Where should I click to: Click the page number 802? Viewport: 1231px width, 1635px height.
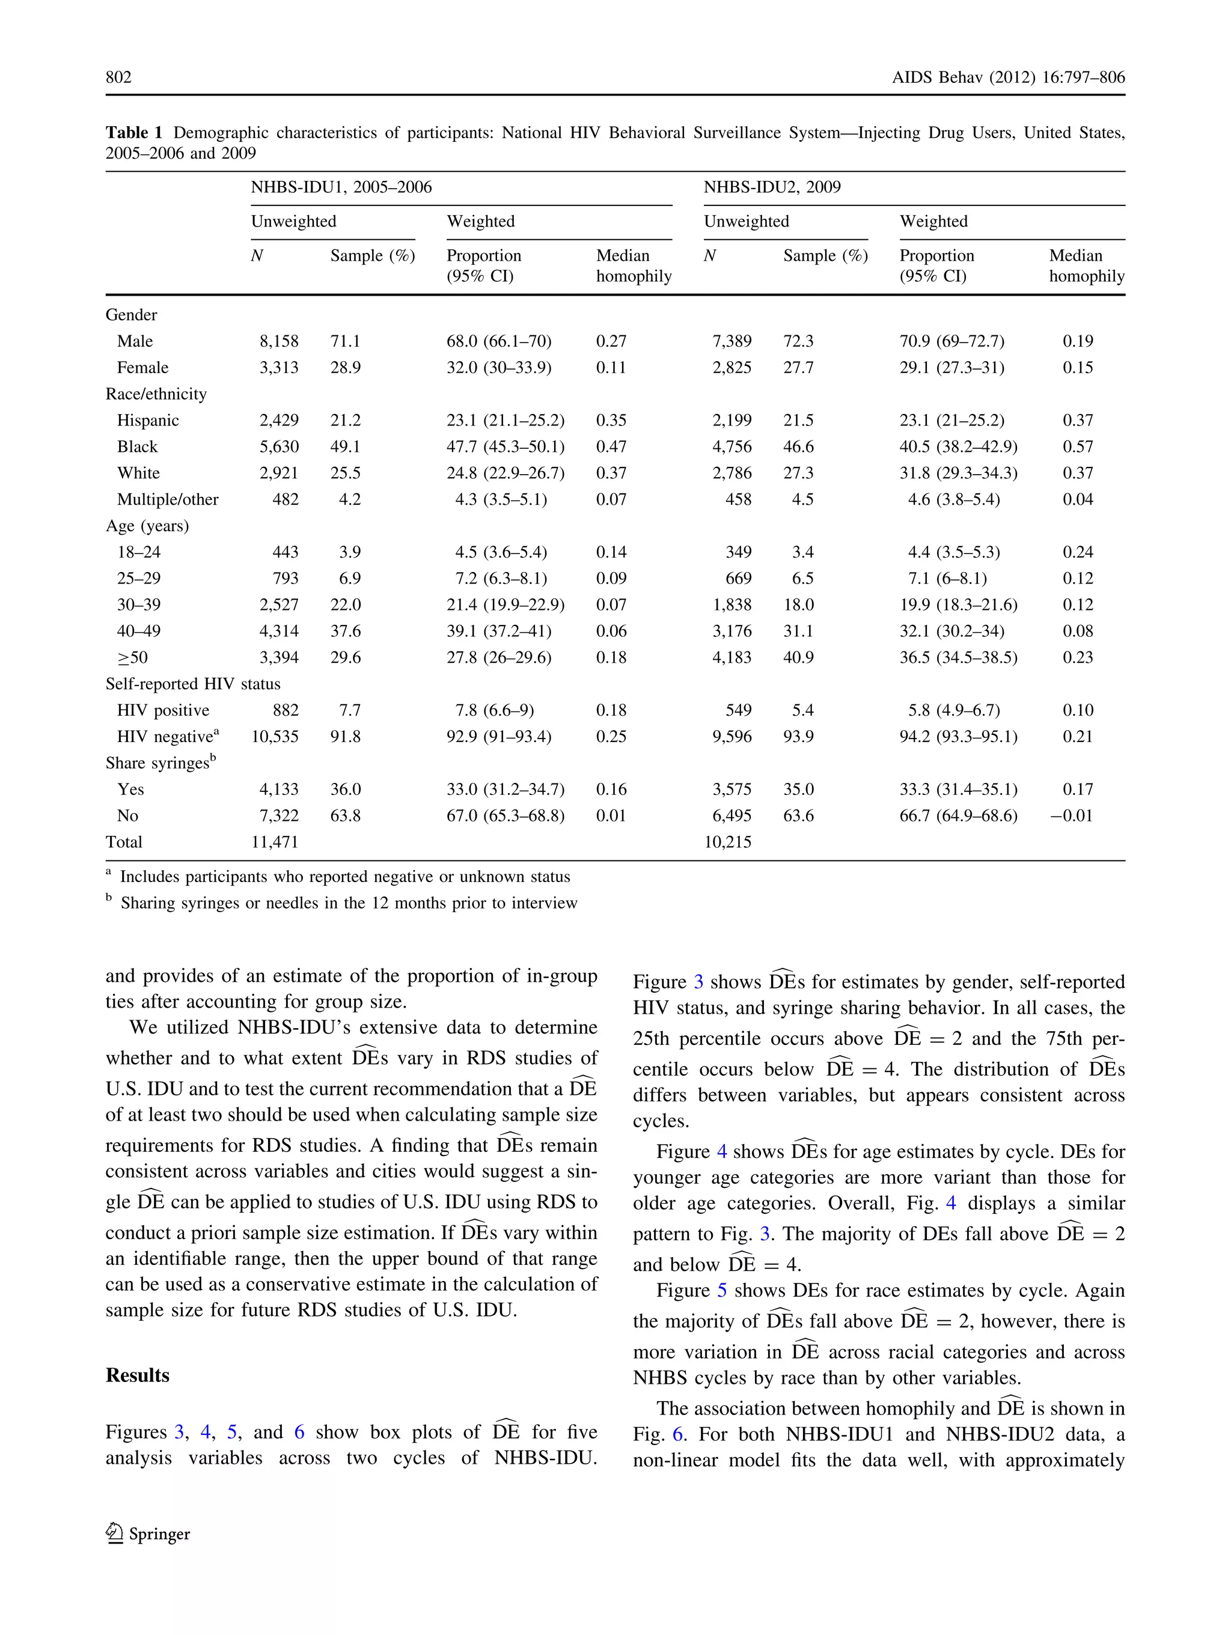coord(118,77)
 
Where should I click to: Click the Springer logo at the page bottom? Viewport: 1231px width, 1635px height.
coord(148,1533)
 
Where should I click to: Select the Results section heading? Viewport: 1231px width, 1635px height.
coord(138,1375)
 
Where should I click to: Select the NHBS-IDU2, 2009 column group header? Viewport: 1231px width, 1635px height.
coord(772,187)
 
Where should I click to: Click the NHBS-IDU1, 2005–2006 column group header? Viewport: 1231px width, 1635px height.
coord(341,187)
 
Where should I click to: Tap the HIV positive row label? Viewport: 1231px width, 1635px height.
coord(163,710)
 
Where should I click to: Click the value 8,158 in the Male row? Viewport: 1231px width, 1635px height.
coord(279,341)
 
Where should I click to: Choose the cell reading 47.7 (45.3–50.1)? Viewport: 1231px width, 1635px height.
coord(505,446)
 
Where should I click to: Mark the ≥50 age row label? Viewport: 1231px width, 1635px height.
coord(132,657)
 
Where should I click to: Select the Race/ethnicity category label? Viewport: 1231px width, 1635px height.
coord(156,394)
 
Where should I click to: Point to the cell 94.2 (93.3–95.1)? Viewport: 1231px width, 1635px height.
coord(958,736)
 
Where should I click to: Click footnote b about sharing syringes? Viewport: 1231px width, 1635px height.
coord(347,903)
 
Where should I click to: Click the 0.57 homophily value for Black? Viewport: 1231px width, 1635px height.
coord(1077,446)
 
